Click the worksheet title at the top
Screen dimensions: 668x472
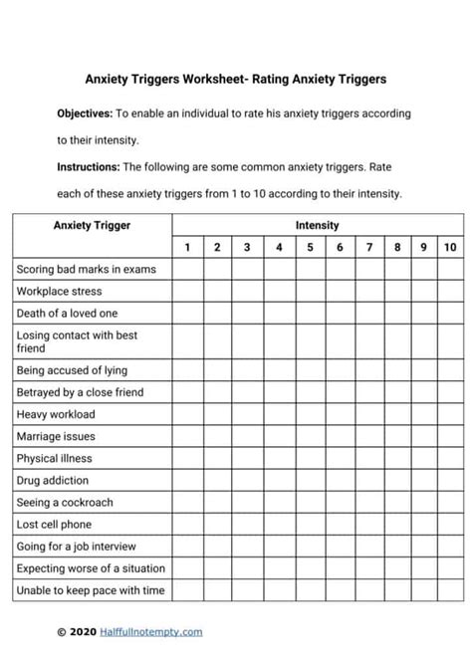pos(236,79)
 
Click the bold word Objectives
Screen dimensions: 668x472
pos(85,113)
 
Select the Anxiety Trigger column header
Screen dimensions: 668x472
pos(92,226)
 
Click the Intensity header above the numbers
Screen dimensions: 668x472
pos(317,226)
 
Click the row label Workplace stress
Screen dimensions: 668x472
pos(59,292)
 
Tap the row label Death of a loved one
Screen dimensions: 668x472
pos(67,314)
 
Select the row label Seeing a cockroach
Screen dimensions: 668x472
pos(66,503)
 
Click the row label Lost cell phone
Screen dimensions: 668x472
pos(54,525)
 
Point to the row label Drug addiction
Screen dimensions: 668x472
pos(53,481)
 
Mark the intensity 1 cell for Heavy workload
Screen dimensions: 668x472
pos(186,414)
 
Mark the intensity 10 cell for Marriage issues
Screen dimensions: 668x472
pos(450,436)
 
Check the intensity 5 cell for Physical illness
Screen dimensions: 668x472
pos(310,459)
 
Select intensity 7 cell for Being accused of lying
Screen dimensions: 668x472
pos(369,370)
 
